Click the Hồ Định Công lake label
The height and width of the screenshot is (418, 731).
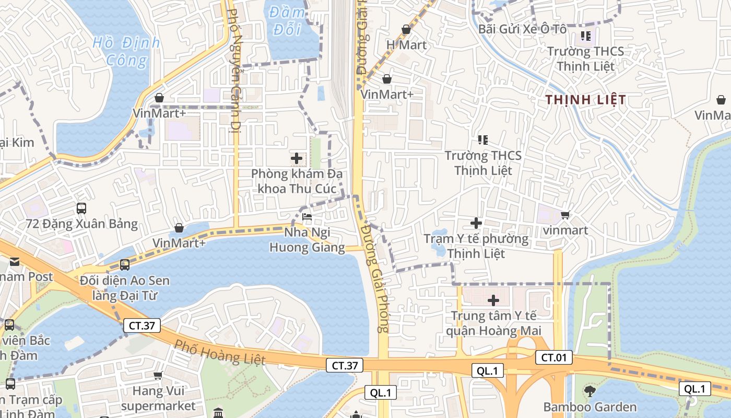[126, 51]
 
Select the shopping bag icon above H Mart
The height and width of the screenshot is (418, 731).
[406, 30]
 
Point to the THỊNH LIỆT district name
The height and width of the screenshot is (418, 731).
[585, 100]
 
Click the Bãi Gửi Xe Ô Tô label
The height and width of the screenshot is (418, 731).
[522, 29]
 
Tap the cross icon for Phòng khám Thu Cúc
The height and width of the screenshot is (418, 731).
[297, 158]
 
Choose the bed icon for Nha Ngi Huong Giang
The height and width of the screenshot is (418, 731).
[307, 217]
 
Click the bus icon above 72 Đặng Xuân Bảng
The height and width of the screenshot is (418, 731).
[81, 208]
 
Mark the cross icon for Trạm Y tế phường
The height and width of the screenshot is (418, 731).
[476, 223]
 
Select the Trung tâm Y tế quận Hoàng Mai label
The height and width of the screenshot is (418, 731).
[493, 323]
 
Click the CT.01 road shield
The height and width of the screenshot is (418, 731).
[553, 358]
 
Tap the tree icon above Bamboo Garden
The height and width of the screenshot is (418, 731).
[589, 391]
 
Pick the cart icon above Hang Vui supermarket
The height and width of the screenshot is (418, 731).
[158, 375]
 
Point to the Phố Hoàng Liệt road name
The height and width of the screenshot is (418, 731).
[219, 352]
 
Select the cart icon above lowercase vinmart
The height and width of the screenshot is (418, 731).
[565, 215]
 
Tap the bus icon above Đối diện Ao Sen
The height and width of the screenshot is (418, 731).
[124, 265]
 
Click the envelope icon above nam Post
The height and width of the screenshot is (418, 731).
[14, 261]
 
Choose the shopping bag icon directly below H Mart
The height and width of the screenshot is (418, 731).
[387, 79]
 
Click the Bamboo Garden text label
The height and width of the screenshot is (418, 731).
[589, 407]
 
